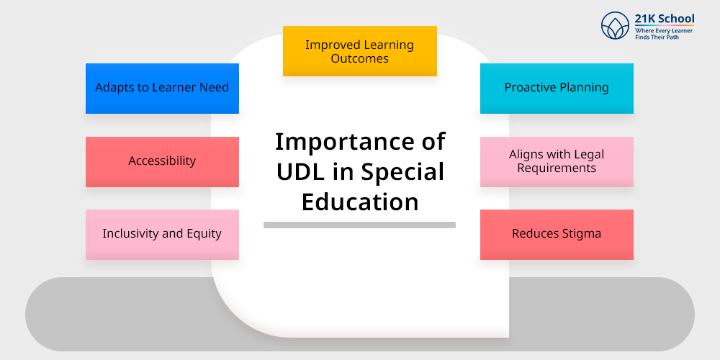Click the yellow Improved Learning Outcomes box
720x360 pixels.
(x=359, y=51)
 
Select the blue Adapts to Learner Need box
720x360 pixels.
(x=162, y=88)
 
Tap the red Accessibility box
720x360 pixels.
(x=162, y=161)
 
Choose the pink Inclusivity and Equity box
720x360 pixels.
(x=162, y=235)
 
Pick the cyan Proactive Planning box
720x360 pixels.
(x=557, y=88)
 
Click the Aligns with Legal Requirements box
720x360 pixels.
(x=557, y=161)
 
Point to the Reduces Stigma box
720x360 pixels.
(x=557, y=235)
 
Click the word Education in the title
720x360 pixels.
(x=360, y=202)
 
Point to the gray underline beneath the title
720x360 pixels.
(x=359, y=225)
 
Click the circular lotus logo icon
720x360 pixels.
(x=615, y=25)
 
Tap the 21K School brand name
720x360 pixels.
(x=665, y=19)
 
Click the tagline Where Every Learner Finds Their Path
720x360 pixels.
(x=664, y=34)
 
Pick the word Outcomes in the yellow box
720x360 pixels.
(x=359, y=59)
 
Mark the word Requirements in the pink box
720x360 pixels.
(x=557, y=168)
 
